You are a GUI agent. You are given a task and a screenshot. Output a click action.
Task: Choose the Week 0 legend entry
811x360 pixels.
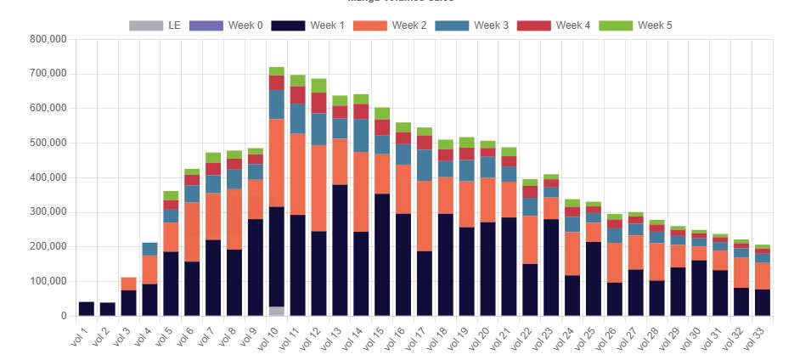point(225,25)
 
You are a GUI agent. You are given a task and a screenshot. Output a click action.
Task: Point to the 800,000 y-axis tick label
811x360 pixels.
point(47,39)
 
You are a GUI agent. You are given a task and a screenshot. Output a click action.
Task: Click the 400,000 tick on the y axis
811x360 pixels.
point(47,177)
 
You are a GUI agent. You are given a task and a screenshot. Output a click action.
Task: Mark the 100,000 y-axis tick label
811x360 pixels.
point(47,281)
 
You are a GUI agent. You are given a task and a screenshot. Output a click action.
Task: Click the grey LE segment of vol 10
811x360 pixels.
point(277,311)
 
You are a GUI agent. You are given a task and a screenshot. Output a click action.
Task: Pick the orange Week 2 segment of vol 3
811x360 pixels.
point(129,284)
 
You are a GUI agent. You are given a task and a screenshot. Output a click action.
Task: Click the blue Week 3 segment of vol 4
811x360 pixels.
point(149,249)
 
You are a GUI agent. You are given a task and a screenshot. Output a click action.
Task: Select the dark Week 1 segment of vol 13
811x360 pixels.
point(340,250)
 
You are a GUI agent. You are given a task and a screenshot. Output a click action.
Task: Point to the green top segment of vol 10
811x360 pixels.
point(277,71)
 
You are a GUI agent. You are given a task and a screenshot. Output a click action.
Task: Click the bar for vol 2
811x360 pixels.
point(108,309)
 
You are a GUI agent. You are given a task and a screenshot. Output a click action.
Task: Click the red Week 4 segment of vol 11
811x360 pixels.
point(297,95)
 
